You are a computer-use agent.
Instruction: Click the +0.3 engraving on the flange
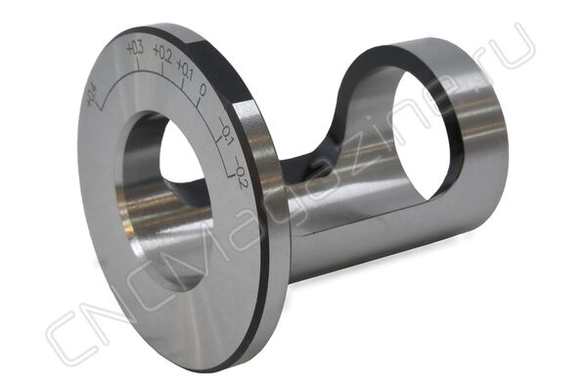click(x=135, y=49)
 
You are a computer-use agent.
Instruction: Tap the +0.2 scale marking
click(x=162, y=55)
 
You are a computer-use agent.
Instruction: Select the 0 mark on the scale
click(x=203, y=90)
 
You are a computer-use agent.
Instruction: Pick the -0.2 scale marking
click(x=240, y=172)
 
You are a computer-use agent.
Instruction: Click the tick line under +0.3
click(x=138, y=64)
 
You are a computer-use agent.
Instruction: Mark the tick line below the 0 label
click(x=199, y=102)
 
